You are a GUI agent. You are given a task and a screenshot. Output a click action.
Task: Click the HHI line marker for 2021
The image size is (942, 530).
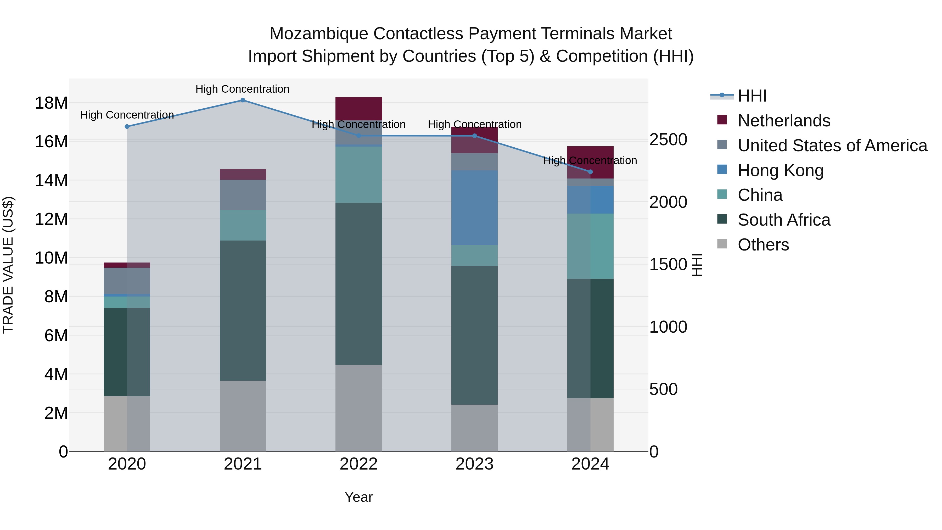243,100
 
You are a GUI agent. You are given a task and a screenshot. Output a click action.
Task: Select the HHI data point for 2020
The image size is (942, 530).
127,127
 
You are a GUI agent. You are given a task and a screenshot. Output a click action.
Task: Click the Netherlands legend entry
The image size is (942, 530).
784,121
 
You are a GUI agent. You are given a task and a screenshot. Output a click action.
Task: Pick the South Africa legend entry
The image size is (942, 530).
784,220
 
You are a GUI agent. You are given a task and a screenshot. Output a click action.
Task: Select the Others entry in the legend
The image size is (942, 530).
763,245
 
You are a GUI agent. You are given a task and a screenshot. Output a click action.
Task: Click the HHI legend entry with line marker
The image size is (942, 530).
752,96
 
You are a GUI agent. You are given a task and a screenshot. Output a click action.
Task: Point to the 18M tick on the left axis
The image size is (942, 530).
51,103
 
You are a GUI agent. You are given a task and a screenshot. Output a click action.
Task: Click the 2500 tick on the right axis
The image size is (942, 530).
668,140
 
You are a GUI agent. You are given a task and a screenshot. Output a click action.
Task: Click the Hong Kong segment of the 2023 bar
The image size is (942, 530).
474,207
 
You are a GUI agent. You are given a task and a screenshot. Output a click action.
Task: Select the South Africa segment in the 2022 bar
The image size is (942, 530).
358,283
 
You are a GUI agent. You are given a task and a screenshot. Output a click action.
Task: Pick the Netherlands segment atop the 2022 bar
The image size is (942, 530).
358,109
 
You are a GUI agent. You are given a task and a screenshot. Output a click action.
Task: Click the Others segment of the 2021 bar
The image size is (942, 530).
243,416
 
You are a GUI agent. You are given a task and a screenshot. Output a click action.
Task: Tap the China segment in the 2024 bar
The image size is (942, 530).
590,246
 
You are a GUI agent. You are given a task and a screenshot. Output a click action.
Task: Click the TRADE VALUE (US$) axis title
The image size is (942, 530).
8,265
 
